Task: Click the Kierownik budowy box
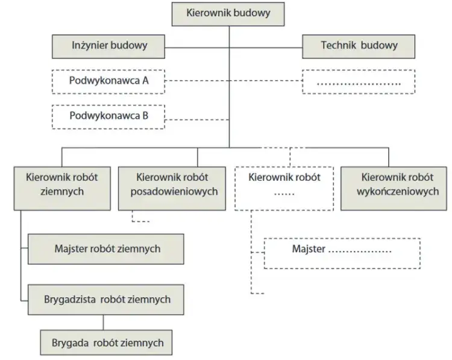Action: point(228,14)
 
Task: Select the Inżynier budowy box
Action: point(108,46)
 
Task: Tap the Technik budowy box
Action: point(359,46)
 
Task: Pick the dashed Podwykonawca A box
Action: point(108,81)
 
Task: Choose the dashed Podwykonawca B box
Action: point(108,117)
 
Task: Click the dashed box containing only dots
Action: point(359,81)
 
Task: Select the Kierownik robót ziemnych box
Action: point(62,188)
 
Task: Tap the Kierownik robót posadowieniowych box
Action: point(172,188)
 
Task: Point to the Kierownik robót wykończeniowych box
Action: point(394,188)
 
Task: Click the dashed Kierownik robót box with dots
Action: point(284,188)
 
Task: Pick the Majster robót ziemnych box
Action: point(106,249)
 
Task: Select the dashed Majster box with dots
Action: point(342,253)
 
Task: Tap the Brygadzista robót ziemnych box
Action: point(106,300)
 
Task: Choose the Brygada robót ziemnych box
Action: point(106,343)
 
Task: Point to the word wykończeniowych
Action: point(398,192)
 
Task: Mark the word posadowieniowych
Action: point(174,192)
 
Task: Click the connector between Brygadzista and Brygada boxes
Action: point(103,323)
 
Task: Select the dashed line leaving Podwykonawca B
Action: point(197,119)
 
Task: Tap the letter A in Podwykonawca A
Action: point(145,80)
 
